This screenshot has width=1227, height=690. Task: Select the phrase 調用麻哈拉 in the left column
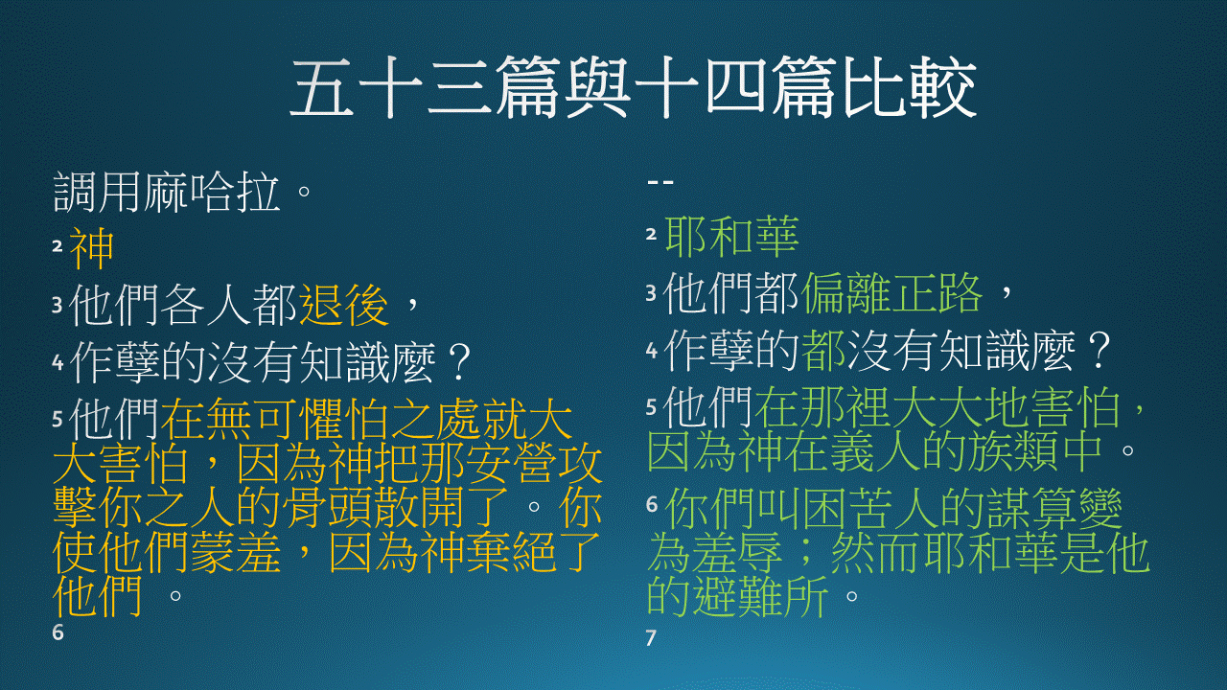167,193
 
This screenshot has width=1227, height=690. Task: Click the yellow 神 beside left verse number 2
92,248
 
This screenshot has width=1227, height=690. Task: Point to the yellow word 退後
344,306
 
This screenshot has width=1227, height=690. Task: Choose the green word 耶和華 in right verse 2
731,237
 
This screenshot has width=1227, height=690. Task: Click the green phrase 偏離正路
891,293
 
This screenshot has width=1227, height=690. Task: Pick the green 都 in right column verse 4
823,351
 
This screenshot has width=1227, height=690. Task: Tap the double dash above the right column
660,182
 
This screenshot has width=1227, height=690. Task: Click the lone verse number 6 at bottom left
58,632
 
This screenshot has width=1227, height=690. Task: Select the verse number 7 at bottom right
651,638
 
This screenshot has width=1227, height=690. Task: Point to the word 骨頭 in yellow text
328,507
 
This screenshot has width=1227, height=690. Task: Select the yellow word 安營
511,463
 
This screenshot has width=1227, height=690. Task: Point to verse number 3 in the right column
651,293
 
